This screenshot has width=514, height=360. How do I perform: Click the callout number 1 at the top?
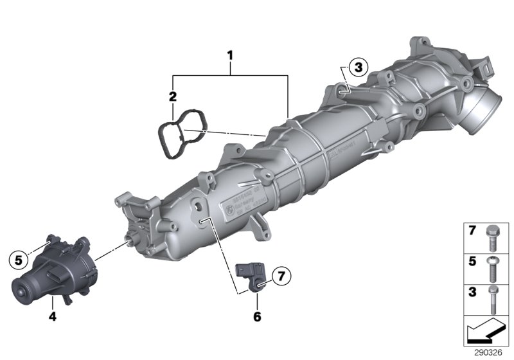[229, 57]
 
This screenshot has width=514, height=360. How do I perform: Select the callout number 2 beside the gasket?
[172, 97]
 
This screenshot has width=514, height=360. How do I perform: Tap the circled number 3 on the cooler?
[357, 66]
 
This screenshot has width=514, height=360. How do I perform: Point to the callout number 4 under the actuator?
[54, 316]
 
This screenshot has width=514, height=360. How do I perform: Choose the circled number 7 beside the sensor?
[280, 276]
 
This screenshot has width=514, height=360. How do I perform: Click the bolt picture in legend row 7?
[492, 236]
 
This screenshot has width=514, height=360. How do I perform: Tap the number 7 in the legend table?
[472, 230]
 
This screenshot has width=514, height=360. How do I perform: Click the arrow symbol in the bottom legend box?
[487, 331]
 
